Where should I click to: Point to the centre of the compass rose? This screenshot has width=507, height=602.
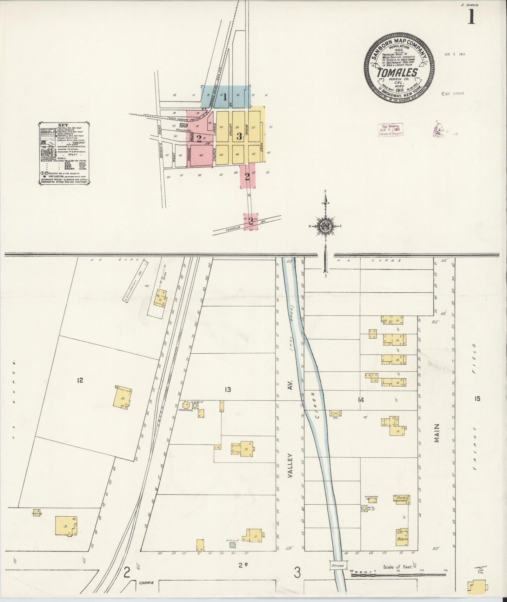pyautogui.click(x=325, y=226)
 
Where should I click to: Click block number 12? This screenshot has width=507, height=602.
pyautogui.click(x=80, y=380)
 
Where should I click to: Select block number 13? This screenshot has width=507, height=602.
pyautogui.click(x=228, y=389)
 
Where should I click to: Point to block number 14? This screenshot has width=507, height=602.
pyautogui.click(x=360, y=400)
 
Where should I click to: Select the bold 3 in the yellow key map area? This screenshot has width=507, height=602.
pyautogui.click(x=239, y=136)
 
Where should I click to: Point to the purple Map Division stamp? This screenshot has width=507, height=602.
pyautogui.click(x=390, y=129)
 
